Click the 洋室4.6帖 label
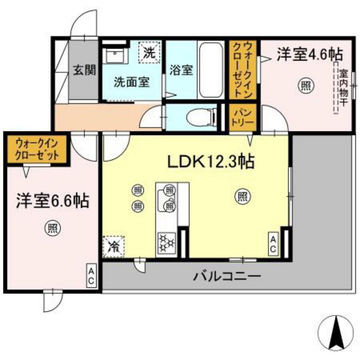301,55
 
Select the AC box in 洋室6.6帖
91,277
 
